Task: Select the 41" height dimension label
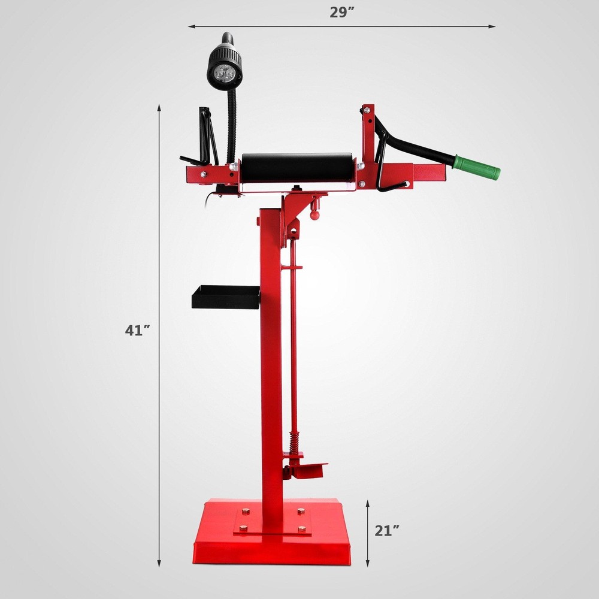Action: pos(138,330)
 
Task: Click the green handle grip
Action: pos(477,168)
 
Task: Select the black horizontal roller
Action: pos(298,168)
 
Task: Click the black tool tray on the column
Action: pos(225,297)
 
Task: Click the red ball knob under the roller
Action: pos(314,214)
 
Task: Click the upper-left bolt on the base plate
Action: pos(246,512)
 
